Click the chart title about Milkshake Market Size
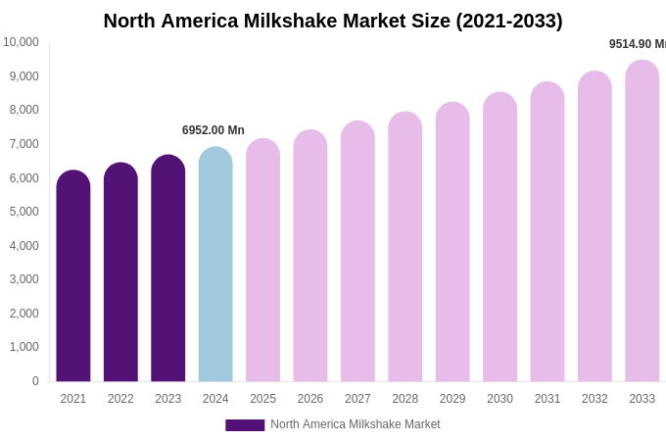pos(333,21)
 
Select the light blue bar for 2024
pos(215,265)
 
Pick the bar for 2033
pos(642,221)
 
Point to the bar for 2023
pos(168,269)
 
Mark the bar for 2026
pos(310,256)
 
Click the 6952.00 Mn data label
pos(214,130)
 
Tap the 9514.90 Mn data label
pos(638,44)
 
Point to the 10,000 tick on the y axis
pos(21,42)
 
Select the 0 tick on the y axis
pos(35,381)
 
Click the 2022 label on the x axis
pos(120,399)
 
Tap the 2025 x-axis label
pos(262,399)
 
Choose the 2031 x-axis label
pos(547,399)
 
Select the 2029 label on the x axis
pos(452,399)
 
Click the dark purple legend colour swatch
pos(245,425)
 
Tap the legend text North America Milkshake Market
pos(356,424)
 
